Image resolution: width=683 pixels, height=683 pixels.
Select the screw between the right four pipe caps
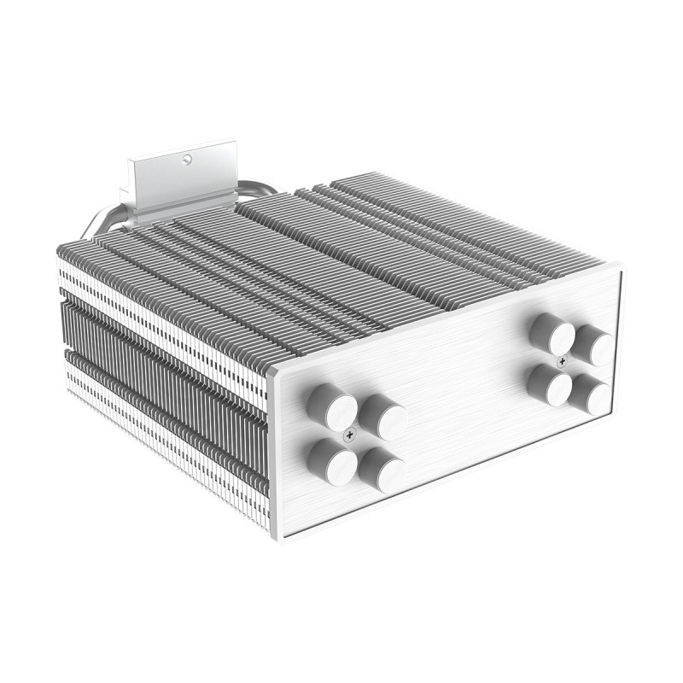561,361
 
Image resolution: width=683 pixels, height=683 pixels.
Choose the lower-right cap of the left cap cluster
382,469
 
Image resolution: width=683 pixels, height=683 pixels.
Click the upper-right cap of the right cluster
594,346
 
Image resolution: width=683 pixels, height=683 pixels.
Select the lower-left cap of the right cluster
549,385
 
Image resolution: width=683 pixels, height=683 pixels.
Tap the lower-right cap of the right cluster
592,394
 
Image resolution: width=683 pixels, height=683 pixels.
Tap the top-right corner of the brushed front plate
622,267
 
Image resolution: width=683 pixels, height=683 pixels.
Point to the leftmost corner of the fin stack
58,249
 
